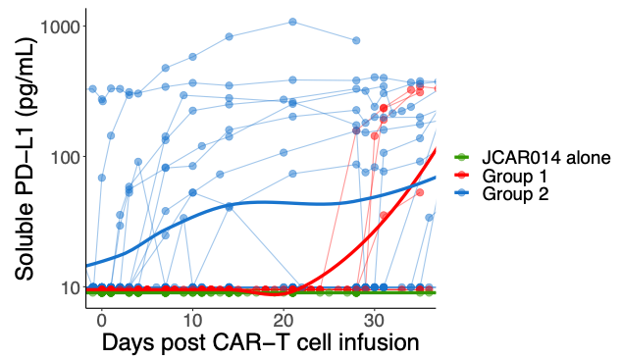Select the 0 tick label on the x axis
pyautogui.click(x=101, y=321)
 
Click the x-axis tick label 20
pyautogui.click(x=284, y=321)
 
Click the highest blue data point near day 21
pyautogui.click(x=292, y=22)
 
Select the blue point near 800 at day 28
pyautogui.click(x=356, y=40)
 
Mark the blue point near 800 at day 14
pyautogui.click(x=229, y=36)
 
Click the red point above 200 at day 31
pyautogui.click(x=384, y=107)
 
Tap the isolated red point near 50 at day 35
pyautogui.click(x=420, y=192)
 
